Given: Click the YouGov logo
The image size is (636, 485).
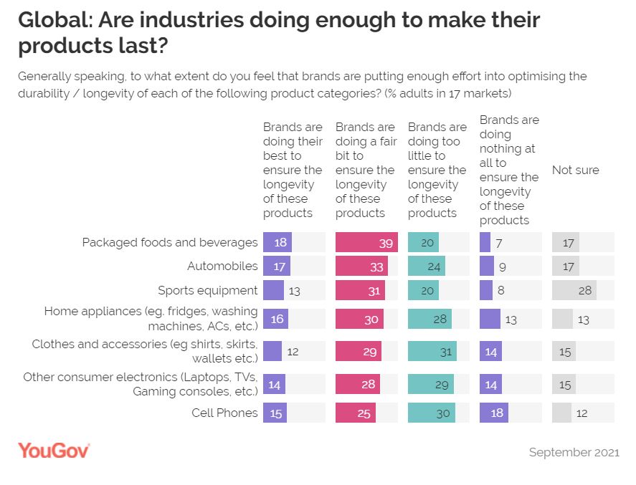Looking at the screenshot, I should point(54,451).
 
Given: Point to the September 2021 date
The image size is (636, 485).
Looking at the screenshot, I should point(574,452).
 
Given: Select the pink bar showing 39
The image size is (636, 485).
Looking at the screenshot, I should point(366,242).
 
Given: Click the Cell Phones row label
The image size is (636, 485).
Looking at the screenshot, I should point(224,413).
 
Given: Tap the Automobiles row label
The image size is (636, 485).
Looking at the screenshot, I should point(222,266).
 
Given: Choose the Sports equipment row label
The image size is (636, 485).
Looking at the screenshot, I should point(208,290).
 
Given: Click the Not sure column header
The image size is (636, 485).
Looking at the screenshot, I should point(575,171).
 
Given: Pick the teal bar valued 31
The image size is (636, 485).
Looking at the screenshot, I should point(432,351).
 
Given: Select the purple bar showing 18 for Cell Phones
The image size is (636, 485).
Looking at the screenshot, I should point(494,413).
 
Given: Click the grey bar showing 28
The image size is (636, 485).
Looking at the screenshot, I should point(574,290).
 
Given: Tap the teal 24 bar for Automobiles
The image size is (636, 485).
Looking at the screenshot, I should point(426,266).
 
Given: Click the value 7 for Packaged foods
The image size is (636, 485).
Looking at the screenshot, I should point(500,243).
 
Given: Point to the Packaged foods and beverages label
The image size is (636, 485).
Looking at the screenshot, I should point(170,242).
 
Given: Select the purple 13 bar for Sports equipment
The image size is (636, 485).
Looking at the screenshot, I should point(273,290).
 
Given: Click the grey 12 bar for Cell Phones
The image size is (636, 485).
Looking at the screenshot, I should point(561,413).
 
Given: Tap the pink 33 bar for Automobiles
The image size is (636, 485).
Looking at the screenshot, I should point(361,266).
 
